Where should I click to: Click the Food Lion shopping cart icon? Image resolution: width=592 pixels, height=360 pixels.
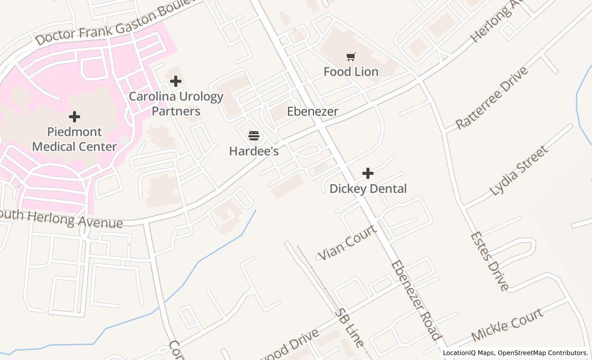pos(351,57)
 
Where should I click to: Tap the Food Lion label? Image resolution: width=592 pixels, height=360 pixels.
pos(351,72)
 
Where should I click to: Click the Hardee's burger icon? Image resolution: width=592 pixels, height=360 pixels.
pos(254,136)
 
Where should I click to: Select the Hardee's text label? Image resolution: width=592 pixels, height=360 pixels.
pos(254,151)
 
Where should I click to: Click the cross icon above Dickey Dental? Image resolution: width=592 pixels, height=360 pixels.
pos(368,173)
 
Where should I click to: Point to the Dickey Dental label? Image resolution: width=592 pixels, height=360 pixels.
pos(368,189)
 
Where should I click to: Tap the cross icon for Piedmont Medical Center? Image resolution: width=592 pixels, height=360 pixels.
pos(75,117)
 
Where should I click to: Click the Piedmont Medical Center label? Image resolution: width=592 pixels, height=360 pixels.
pos(75,139)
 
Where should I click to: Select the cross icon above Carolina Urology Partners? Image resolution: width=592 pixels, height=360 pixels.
pos(176,81)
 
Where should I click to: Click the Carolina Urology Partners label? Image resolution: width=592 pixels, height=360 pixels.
pos(176,104)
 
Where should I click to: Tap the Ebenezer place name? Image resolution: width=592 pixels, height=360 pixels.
pos(312,112)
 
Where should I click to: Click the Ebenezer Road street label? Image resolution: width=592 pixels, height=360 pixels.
pos(415,300)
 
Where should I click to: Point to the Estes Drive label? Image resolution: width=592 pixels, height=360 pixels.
pos(489,261)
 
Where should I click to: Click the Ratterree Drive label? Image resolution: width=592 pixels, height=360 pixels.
pos(492,98)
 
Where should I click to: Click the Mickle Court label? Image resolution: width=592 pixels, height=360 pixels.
pos(507,325)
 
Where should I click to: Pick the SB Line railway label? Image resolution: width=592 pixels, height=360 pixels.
pos(349,328)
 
